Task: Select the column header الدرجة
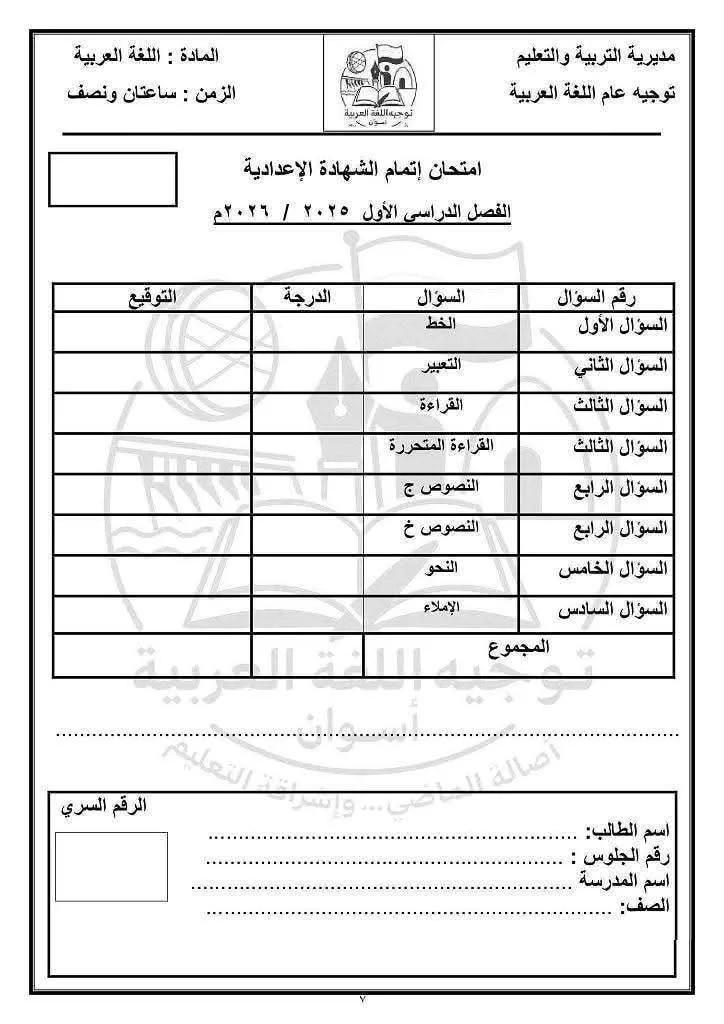(x=307, y=297)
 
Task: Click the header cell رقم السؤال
(x=598, y=297)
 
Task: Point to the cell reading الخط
(x=441, y=325)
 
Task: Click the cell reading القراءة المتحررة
(x=441, y=445)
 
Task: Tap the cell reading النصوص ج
(x=441, y=486)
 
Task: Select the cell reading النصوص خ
(x=441, y=526)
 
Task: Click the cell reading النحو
(x=441, y=567)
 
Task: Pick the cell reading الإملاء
(x=441, y=608)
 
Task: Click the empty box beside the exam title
(x=113, y=179)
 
